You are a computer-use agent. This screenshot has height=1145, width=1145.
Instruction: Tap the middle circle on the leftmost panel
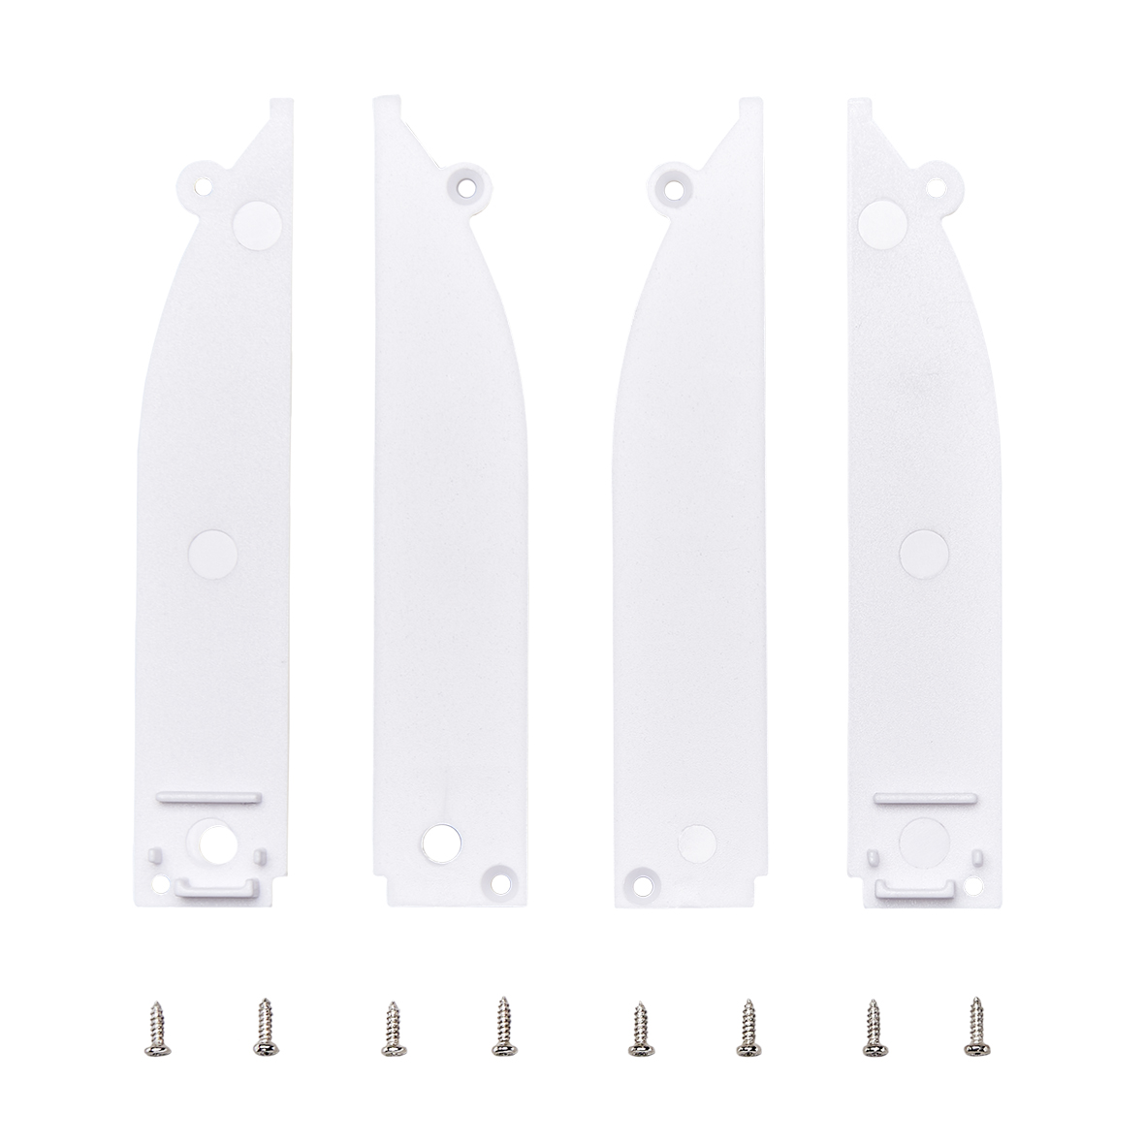pyautogui.click(x=212, y=553)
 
